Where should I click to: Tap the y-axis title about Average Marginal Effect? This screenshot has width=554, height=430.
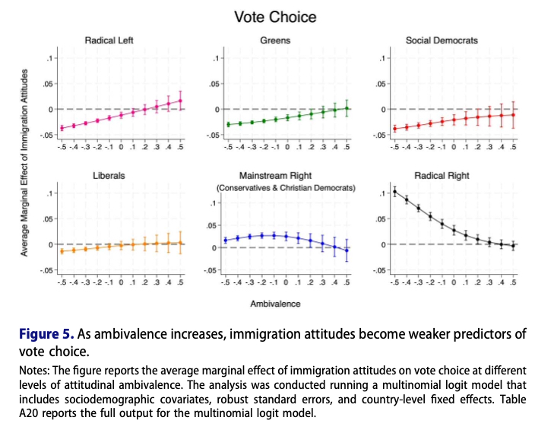point(25,162)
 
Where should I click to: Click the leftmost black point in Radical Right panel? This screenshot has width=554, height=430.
point(394,191)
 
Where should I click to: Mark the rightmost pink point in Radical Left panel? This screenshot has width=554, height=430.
point(181,100)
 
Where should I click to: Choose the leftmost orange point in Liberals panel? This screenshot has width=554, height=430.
point(62,251)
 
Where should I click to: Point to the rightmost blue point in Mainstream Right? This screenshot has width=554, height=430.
point(347,250)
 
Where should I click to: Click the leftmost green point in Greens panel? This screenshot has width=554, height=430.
point(227,124)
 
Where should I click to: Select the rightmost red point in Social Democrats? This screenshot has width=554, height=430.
point(514,114)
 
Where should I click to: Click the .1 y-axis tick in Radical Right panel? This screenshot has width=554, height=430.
point(381,193)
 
